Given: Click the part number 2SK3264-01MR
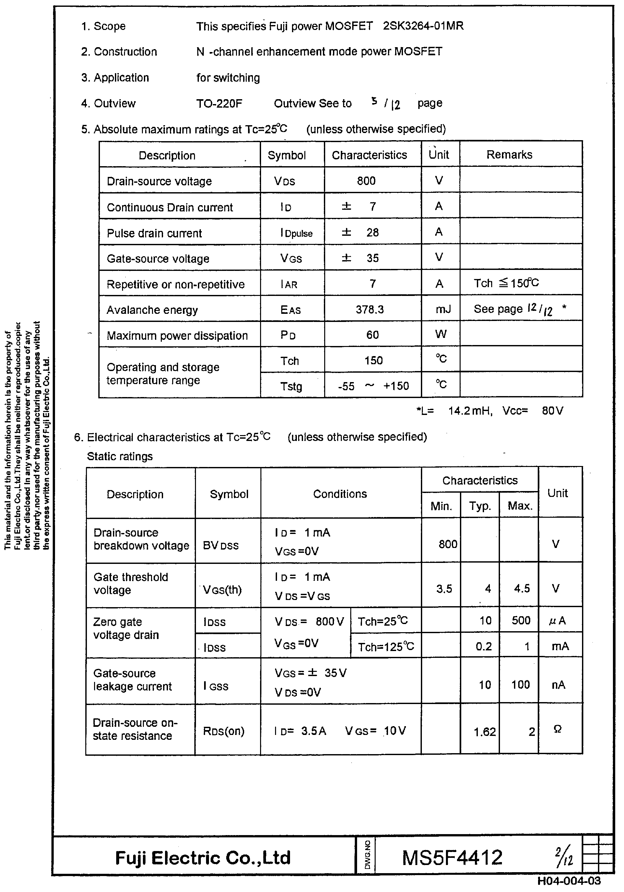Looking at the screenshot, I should click(423, 26).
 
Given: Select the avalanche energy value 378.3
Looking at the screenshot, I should click(369, 309).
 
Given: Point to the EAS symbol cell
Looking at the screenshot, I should click(290, 310).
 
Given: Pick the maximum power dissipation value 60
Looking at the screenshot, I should click(372, 335).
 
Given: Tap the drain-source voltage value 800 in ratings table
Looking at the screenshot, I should click(366, 181).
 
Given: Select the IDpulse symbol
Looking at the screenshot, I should click(296, 233).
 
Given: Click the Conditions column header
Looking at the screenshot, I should click(340, 494).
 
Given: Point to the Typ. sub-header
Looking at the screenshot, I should click(480, 506).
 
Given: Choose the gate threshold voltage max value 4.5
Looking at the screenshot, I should click(521, 589).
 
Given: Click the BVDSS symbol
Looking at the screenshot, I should click(220, 545).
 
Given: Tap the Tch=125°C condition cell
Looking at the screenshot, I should click(386, 647).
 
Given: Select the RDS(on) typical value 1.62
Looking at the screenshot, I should click(484, 732).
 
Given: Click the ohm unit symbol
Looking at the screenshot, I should click(557, 729).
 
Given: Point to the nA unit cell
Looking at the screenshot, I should click(558, 685).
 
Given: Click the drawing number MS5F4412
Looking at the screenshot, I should click(452, 858).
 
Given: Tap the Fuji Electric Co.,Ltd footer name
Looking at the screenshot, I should click(203, 858).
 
